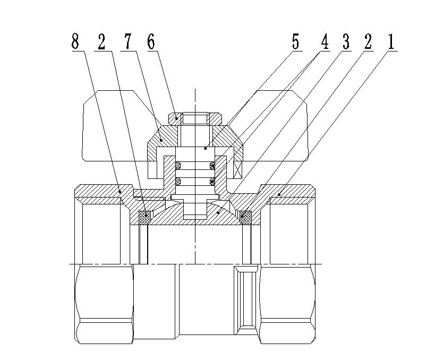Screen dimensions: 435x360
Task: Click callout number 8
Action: point(75,41)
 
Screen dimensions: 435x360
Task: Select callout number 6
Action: point(151,41)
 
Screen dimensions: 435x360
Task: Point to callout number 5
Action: point(296,41)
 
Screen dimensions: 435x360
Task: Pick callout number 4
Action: point(325,41)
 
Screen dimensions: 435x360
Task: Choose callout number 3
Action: point(346,41)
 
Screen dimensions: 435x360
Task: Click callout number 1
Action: point(390,41)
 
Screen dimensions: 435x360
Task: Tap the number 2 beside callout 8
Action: point(102,41)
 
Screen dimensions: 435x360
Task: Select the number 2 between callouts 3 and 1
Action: point(368,41)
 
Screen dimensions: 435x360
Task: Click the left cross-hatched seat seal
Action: point(144,218)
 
